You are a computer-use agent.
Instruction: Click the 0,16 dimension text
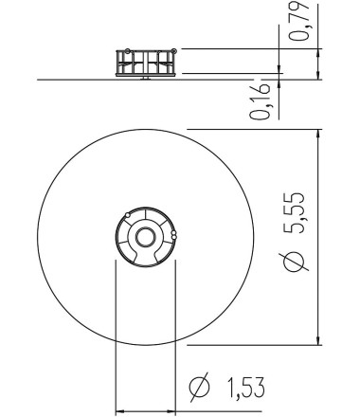click(261, 100)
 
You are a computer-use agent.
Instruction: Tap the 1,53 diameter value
click(239, 388)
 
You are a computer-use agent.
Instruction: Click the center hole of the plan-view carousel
click(145, 236)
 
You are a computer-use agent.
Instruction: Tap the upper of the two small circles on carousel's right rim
click(173, 230)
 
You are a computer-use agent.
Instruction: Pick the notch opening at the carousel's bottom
click(145, 261)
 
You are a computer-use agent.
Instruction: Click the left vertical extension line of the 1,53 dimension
click(116, 332)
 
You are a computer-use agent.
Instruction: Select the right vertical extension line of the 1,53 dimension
click(176, 332)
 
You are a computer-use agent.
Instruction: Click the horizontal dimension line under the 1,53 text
click(145, 411)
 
